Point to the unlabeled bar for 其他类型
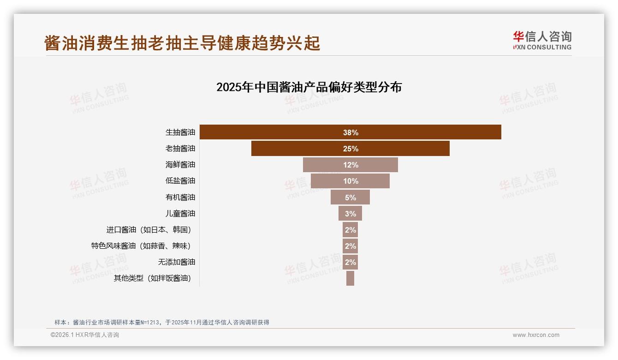pyautogui.click(x=350, y=278)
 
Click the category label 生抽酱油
pyautogui.click(x=180, y=132)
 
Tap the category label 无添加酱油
pyautogui.click(x=177, y=262)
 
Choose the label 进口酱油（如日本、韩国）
pyautogui.click(x=149, y=230)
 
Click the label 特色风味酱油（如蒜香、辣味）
pyautogui.click(x=141, y=246)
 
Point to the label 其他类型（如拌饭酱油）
pyautogui.click(x=152, y=278)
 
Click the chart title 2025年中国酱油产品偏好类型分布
pyautogui.click(x=309, y=87)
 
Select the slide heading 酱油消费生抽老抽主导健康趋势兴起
pyautogui.click(x=182, y=43)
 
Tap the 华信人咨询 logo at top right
pyautogui.click(x=542, y=40)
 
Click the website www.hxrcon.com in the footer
pyautogui.click(x=536, y=335)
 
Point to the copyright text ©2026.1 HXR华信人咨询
pyautogui.click(x=85, y=335)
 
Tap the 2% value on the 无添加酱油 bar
pyautogui.click(x=350, y=262)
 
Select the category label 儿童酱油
pyautogui.click(x=180, y=214)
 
